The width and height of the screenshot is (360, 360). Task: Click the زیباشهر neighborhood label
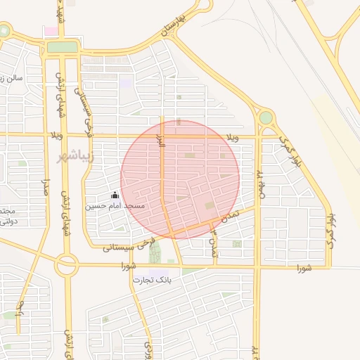(74, 155)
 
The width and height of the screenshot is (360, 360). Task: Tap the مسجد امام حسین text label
(115, 206)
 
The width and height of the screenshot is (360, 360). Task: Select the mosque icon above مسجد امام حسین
(115, 195)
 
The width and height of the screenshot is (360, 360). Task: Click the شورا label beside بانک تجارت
(128, 266)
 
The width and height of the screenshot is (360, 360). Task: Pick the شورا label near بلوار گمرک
(303, 268)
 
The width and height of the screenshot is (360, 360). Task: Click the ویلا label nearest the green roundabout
(232, 136)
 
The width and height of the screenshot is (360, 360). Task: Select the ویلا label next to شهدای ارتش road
(57, 134)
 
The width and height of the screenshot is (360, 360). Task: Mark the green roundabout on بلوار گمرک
(266, 117)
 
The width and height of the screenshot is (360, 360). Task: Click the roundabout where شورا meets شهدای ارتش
(67, 266)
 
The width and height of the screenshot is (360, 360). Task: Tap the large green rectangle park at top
(63, 47)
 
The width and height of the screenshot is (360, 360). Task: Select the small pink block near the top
(51, 32)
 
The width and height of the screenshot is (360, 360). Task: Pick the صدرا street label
(44, 191)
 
